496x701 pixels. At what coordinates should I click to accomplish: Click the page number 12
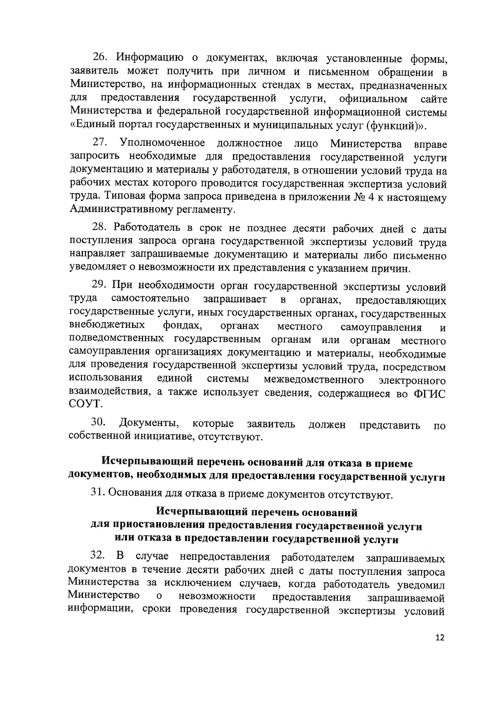439,649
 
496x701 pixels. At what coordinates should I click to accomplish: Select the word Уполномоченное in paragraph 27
162,143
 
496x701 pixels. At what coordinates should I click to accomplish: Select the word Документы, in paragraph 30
149,423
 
